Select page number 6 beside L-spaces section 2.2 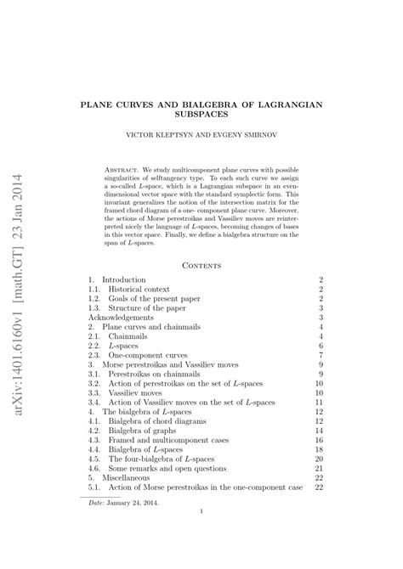click(322, 346)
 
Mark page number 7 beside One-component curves click(322, 355)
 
